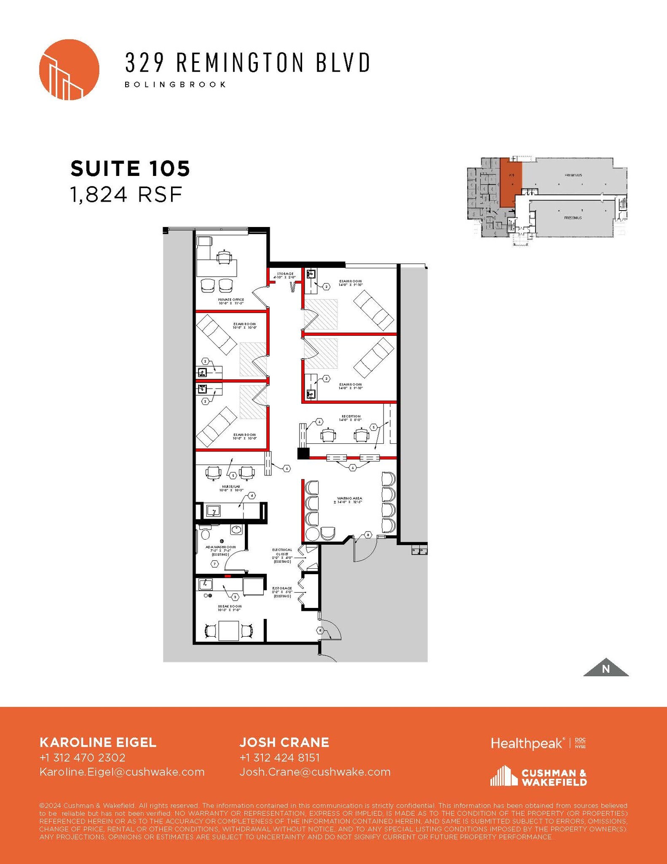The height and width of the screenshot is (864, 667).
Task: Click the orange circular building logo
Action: (x=69, y=70)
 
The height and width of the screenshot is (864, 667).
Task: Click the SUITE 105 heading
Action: (x=130, y=168)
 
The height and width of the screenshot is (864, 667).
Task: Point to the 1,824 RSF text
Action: (x=126, y=194)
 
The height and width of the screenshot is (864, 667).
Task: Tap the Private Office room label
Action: (x=231, y=301)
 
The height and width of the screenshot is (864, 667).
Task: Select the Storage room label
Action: (x=285, y=275)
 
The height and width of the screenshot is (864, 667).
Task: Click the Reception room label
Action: (x=351, y=418)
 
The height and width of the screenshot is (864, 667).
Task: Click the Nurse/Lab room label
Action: (x=231, y=488)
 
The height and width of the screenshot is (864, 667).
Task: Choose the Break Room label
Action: (x=230, y=608)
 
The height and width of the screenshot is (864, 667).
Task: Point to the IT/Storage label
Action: (x=282, y=592)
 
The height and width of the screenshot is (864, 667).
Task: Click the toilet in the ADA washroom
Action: (x=206, y=533)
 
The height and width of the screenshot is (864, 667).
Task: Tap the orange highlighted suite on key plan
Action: (x=511, y=182)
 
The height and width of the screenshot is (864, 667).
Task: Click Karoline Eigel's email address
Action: (x=122, y=772)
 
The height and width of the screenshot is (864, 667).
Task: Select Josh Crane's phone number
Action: (x=279, y=758)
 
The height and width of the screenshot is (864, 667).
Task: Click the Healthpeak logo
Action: (x=527, y=743)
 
